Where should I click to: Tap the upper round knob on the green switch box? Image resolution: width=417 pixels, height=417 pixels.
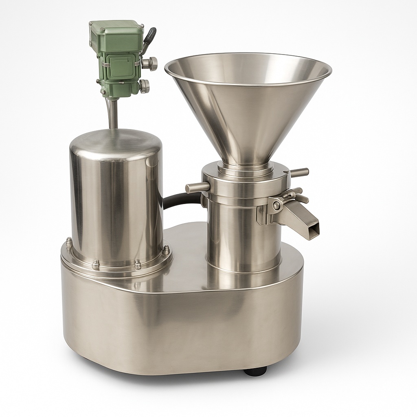click(150, 63)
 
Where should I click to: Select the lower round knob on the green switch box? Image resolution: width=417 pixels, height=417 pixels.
click(144, 86)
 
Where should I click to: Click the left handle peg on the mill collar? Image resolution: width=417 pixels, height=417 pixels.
click(197, 188)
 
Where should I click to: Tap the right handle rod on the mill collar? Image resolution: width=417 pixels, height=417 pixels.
click(299, 172)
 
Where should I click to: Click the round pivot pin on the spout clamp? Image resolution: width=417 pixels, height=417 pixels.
click(277, 206)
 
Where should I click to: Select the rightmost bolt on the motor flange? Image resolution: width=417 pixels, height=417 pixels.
click(166, 249)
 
